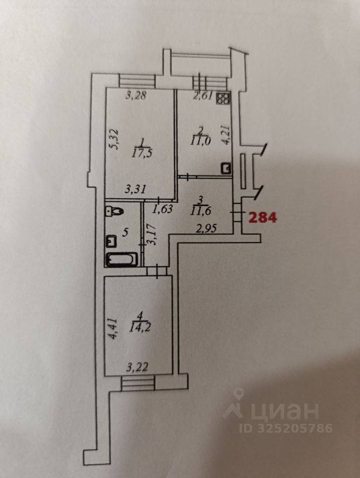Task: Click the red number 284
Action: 263,217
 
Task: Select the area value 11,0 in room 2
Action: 200,140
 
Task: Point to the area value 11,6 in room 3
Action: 200,210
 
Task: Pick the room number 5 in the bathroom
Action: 125,232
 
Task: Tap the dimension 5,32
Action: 114,139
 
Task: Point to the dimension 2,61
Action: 203,96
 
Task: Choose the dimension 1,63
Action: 162,209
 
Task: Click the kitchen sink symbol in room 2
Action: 227,169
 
